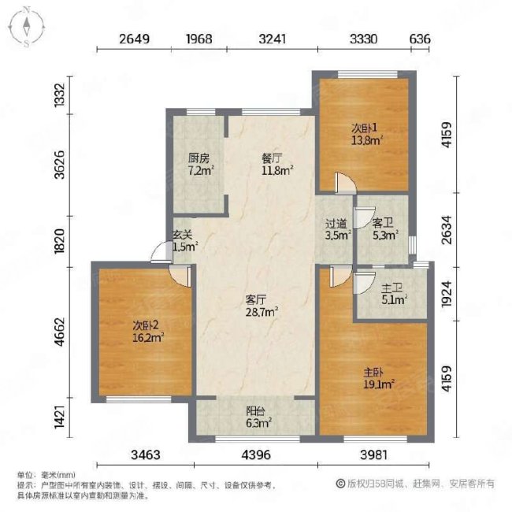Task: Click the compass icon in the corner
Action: (27, 27)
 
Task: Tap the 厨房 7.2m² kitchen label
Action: (195, 163)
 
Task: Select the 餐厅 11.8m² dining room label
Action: (277, 162)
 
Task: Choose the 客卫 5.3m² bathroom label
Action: (383, 228)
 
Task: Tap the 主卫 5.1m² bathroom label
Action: (392, 293)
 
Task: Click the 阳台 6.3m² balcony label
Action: (255, 417)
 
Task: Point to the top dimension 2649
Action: (135, 37)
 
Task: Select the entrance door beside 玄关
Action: (161, 252)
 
